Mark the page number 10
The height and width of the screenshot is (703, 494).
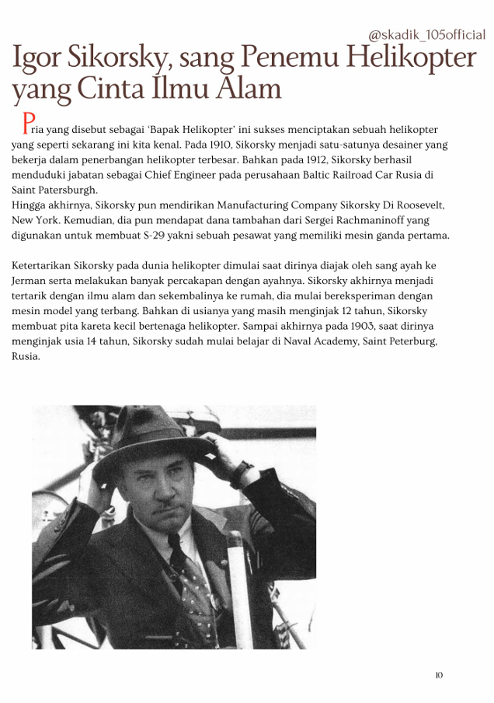(x=439, y=675)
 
